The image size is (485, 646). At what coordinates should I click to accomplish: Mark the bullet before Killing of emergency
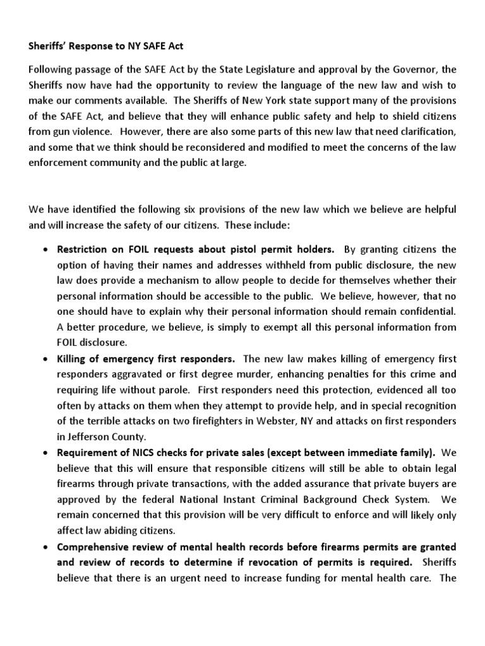(45, 359)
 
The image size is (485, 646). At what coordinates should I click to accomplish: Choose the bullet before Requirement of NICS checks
(45, 453)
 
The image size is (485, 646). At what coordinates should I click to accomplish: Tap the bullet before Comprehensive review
(45, 546)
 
